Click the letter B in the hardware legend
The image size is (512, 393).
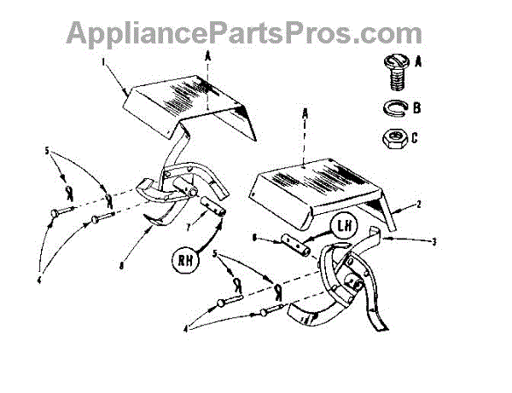pos(416,109)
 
